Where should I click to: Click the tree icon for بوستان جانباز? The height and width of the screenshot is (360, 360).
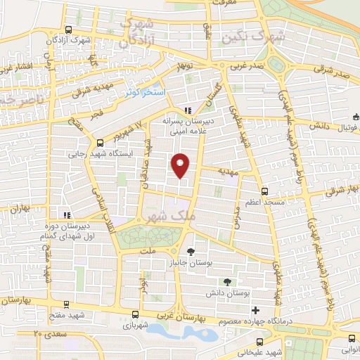[191, 251]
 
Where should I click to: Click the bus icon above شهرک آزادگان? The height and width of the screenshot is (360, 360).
[68, 30]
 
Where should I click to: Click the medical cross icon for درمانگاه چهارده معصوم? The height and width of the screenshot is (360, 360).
[256, 311]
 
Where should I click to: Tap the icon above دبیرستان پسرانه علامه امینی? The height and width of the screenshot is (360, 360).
[187, 110]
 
